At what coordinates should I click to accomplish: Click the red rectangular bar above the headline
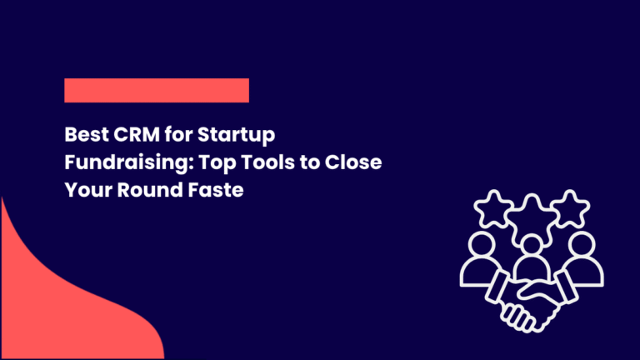157,90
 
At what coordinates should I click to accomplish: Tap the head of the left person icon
483,245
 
